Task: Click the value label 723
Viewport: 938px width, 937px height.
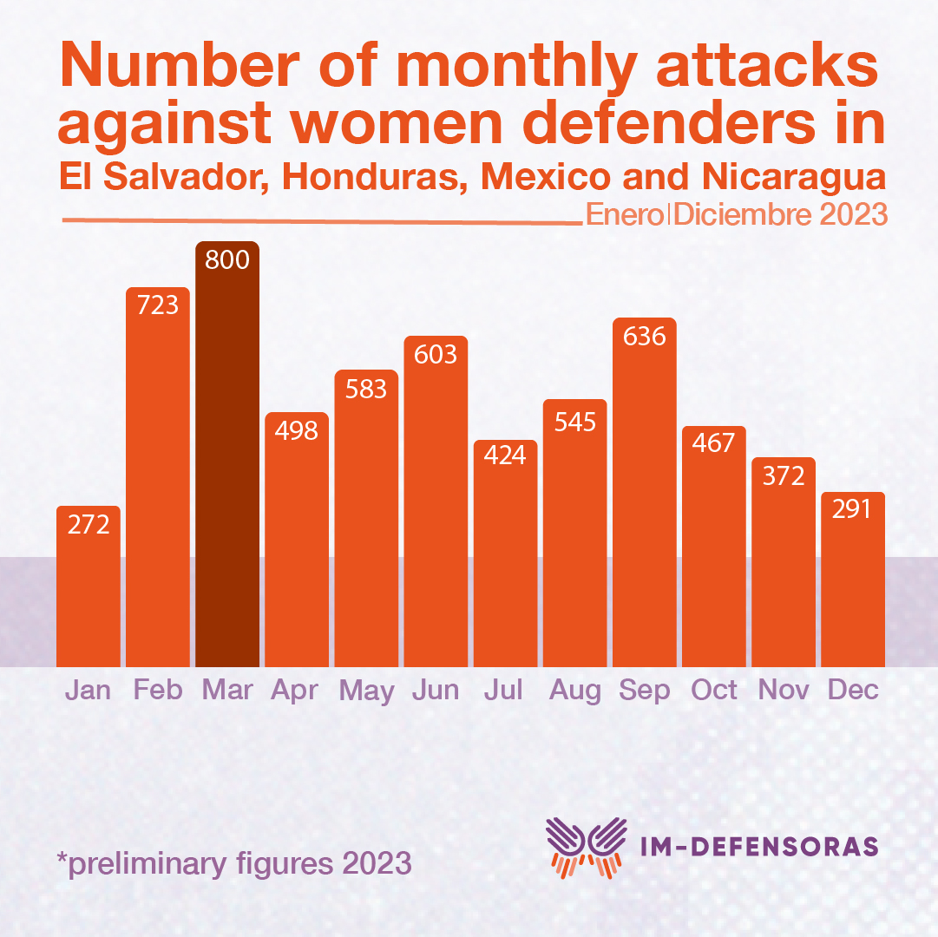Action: [x=158, y=305]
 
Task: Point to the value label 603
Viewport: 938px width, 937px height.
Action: [x=436, y=354]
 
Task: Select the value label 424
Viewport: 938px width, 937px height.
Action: [x=505, y=455]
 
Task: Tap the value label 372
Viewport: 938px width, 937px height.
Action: [x=783, y=475]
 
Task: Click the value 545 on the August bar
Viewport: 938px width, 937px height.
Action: [x=574, y=422]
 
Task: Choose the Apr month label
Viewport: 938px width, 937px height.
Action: [x=295, y=691]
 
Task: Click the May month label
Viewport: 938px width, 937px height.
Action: [x=366, y=691]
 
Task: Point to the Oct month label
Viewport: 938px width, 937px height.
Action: [x=713, y=691]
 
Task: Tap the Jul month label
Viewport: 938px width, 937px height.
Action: [x=504, y=691]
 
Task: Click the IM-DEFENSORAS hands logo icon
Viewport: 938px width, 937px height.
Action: [x=586, y=846]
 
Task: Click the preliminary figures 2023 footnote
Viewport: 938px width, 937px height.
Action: [x=234, y=864]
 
